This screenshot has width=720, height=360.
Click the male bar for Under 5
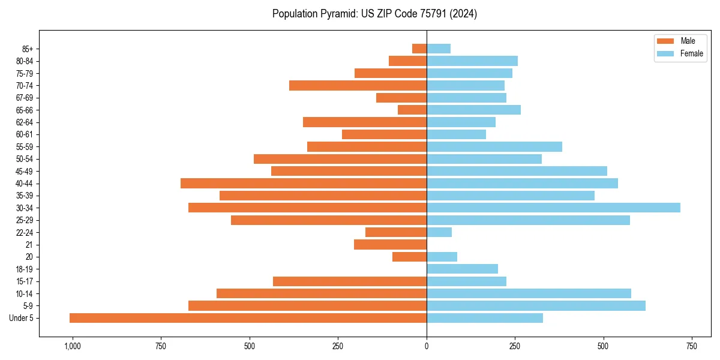click(x=248, y=318)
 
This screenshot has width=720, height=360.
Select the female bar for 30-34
click(x=553, y=208)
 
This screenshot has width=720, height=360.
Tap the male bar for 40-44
click(x=304, y=183)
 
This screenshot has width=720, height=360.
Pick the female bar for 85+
click(x=439, y=49)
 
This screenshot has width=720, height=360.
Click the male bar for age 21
click(x=390, y=245)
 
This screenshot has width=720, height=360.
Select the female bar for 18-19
click(x=462, y=269)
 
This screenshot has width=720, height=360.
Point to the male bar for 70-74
click(x=358, y=85)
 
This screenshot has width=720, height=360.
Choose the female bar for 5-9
click(x=536, y=305)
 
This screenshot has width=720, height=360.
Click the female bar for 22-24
click(x=439, y=232)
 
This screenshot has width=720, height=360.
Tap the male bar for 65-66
click(x=412, y=110)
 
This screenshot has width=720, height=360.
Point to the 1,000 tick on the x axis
click(x=72, y=346)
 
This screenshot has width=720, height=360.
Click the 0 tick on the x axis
click(x=427, y=346)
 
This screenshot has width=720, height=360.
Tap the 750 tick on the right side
click(x=692, y=346)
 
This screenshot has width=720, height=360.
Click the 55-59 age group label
click(x=24, y=146)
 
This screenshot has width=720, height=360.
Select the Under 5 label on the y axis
click(x=22, y=318)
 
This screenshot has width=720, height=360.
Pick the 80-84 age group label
click(x=24, y=61)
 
